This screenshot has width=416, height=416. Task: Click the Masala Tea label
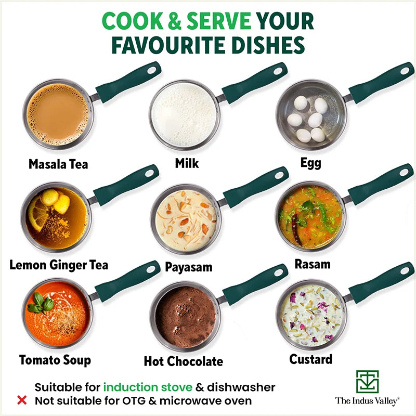point(58,164)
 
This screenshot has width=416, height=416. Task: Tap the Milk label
point(187,163)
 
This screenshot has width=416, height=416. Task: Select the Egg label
point(310,163)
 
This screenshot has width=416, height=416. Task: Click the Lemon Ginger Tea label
point(59,265)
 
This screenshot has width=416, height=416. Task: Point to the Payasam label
point(189,267)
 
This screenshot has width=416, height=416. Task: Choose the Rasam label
point(313,264)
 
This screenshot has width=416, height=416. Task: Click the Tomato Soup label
point(55,360)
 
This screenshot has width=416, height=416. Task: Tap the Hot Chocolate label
point(183,361)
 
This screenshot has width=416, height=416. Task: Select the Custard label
point(311,359)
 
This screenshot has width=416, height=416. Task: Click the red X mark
point(22,400)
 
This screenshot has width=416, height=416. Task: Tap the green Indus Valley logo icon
point(367,382)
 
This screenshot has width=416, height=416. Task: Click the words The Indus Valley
point(367,400)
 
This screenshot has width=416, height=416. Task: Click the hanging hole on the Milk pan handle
point(279,70)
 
